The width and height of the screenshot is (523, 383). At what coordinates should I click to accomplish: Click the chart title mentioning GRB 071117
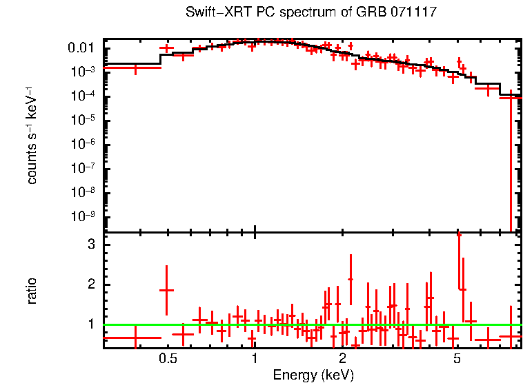(311, 13)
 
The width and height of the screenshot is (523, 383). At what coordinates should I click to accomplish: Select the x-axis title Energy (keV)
(313, 375)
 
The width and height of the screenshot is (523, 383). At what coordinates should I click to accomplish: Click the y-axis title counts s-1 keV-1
(32, 135)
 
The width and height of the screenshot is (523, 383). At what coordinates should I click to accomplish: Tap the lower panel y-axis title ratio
(32, 291)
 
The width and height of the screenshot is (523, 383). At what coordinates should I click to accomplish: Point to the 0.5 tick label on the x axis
(167, 360)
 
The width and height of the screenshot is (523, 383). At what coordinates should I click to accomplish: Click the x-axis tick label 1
(255, 360)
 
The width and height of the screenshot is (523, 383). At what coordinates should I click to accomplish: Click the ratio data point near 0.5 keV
(166, 290)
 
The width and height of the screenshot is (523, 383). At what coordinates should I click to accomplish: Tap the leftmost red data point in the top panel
(135, 68)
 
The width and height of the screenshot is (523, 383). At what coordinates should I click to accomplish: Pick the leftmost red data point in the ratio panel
(135, 338)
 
